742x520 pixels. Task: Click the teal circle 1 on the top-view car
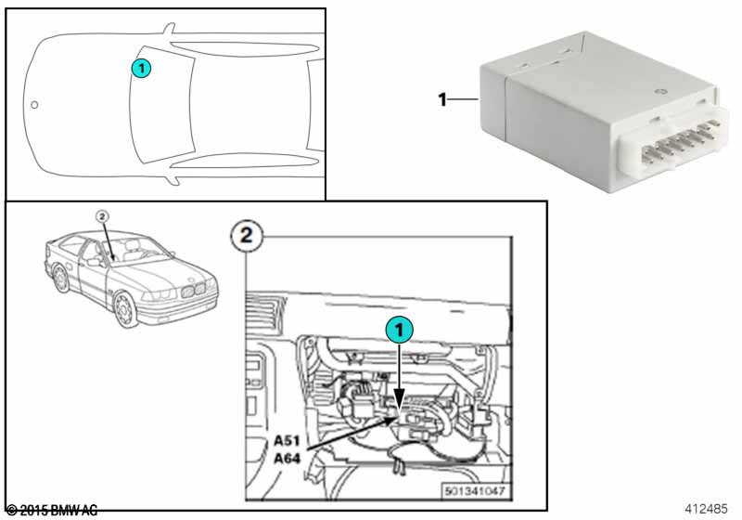pyautogui.click(x=141, y=69)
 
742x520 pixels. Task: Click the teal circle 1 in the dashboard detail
pyautogui.click(x=400, y=330)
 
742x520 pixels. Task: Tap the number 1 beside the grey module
pyautogui.click(x=442, y=99)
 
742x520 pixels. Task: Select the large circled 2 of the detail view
pyautogui.click(x=247, y=235)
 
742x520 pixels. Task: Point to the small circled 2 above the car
pyautogui.click(x=102, y=217)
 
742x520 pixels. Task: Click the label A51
pyautogui.click(x=287, y=440)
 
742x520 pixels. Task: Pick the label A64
pyautogui.click(x=287, y=459)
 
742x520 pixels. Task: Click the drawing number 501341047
pyautogui.click(x=475, y=491)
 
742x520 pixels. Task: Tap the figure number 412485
pyautogui.click(x=706, y=509)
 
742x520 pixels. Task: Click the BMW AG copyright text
pyautogui.click(x=52, y=511)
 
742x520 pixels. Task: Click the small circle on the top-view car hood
pyautogui.click(x=34, y=105)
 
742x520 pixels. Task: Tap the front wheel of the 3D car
pyautogui.click(x=125, y=309)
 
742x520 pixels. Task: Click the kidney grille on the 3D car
pyautogui.click(x=194, y=290)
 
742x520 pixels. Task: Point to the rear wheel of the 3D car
pyautogui.click(x=61, y=279)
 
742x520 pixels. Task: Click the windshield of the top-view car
pyautogui.click(x=160, y=105)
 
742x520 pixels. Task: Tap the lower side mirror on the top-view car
pyautogui.click(x=173, y=179)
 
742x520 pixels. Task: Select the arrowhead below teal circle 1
pyautogui.click(x=400, y=398)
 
